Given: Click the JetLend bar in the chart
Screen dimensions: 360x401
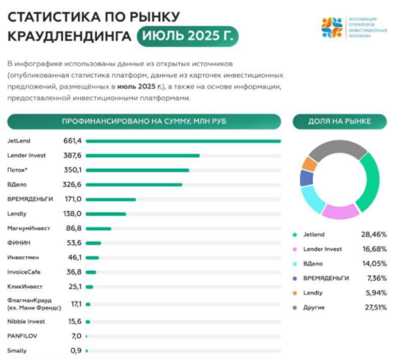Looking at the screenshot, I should [x=183, y=141].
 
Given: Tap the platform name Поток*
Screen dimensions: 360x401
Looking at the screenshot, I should [x=18, y=170].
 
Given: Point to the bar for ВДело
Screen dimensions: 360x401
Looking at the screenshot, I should [x=134, y=185].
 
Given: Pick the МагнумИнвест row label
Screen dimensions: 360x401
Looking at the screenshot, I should [x=28, y=228].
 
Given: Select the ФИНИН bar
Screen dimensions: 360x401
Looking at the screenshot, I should [x=94, y=243].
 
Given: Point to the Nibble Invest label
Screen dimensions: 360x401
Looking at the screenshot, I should [x=26, y=322].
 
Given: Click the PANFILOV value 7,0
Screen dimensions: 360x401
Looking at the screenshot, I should [x=76, y=336].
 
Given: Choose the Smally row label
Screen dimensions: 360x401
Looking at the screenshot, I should [x=17, y=351].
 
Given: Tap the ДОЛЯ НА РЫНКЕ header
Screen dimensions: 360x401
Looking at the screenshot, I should [x=339, y=121].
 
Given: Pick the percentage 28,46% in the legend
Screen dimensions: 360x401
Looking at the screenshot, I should [x=374, y=235].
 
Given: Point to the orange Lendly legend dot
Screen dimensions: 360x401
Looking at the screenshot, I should [x=295, y=293].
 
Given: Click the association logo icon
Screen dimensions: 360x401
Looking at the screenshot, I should [x=332, y=28].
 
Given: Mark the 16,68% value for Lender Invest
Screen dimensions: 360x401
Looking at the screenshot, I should [x=374, y=249].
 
